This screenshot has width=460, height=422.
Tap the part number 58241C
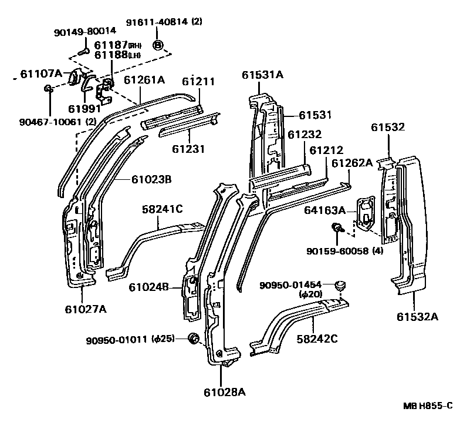pos(163,209)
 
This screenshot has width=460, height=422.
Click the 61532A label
pos(417,317)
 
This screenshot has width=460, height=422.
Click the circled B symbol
pos(157,45)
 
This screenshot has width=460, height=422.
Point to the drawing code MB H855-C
pos(428,406)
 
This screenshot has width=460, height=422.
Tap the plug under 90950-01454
pos(339,286)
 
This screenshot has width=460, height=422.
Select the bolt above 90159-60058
pos(337,229)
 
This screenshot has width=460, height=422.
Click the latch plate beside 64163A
pos(366,212)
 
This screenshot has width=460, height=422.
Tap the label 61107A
pos(40,73)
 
